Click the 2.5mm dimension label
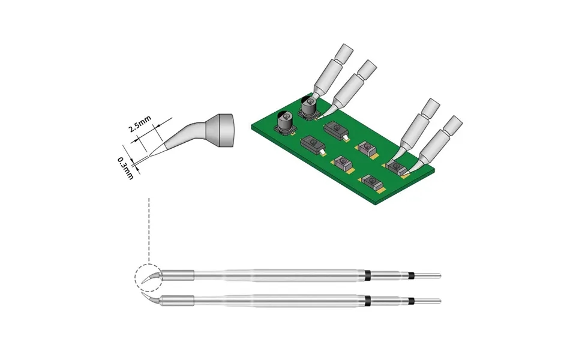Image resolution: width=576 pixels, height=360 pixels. (140, 124)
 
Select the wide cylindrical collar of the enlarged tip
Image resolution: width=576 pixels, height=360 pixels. (222, 130)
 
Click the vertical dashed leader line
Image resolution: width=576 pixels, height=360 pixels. (149, 231)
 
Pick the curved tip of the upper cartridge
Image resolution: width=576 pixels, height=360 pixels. (150, 278)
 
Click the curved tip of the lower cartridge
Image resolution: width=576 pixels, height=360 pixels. (151, 299)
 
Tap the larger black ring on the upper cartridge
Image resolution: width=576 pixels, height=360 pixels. (367, 275)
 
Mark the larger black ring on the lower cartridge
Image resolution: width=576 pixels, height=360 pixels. (367, 301)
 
